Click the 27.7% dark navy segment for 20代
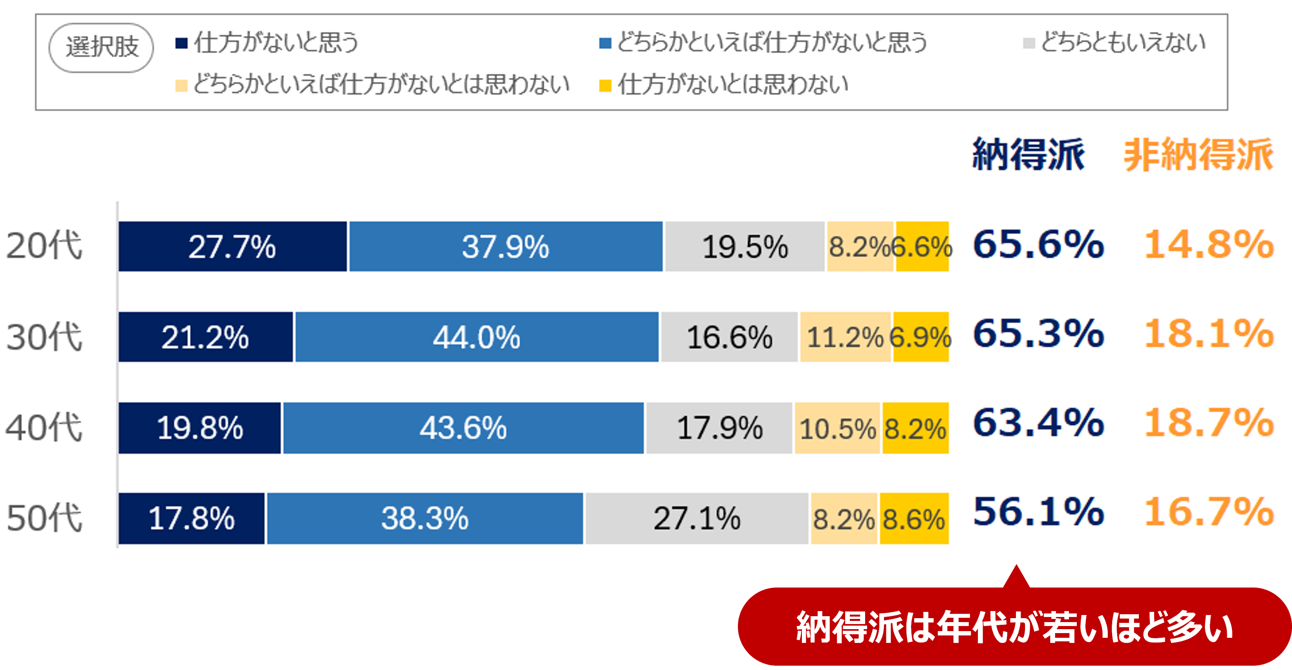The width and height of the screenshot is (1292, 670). point(232,246)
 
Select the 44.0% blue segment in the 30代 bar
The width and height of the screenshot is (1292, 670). point(476,337)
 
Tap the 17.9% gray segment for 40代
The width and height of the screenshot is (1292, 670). point(719,428)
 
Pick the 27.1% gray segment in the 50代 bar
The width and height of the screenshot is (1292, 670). point(697,518)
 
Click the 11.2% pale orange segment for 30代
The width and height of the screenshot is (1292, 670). point(845,337)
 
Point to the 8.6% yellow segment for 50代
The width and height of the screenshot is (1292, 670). point(914,518)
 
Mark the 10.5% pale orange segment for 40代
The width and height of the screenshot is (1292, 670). point(837,428)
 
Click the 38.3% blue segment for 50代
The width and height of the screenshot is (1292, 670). point(425,518)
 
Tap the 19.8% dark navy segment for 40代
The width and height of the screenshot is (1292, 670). point(199,428)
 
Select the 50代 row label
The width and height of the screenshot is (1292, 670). point(44,518)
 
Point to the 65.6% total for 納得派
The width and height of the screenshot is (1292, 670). point(1038,244)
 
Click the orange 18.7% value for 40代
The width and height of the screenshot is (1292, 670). point(1209,423)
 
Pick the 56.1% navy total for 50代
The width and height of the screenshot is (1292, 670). point(1038,512)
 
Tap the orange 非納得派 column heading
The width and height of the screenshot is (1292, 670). point(1198,154)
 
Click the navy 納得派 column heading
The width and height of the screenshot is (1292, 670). point(1028,154)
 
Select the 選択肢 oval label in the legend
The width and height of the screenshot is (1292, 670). point(101,48)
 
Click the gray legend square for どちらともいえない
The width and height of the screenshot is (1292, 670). point(1028,43)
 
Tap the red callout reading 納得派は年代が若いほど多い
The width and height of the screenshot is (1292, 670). point(1014,627)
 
